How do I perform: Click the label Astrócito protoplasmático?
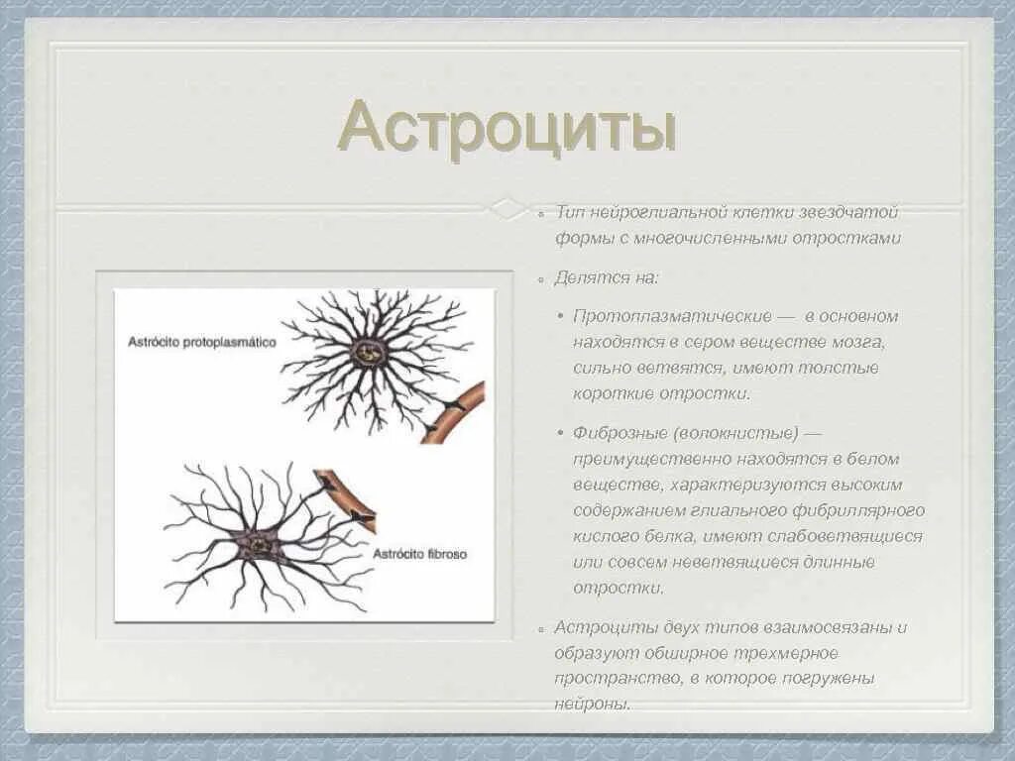201,341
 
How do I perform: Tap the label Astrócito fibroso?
419,554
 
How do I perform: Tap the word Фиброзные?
620,433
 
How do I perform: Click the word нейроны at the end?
592,705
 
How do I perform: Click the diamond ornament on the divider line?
507,208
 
